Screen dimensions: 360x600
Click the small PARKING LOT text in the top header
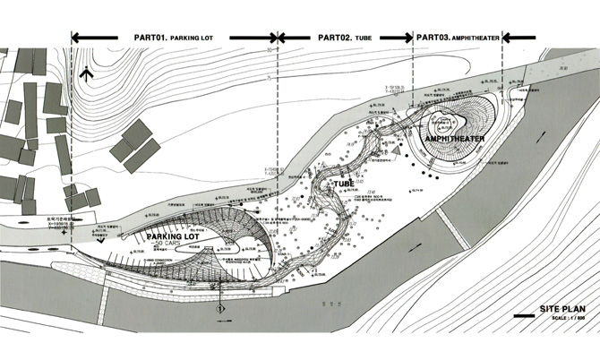(x=196, y=39)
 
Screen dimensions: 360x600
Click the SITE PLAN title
(x=561, y=309)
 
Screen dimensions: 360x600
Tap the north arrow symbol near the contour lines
(x=85, y=73)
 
